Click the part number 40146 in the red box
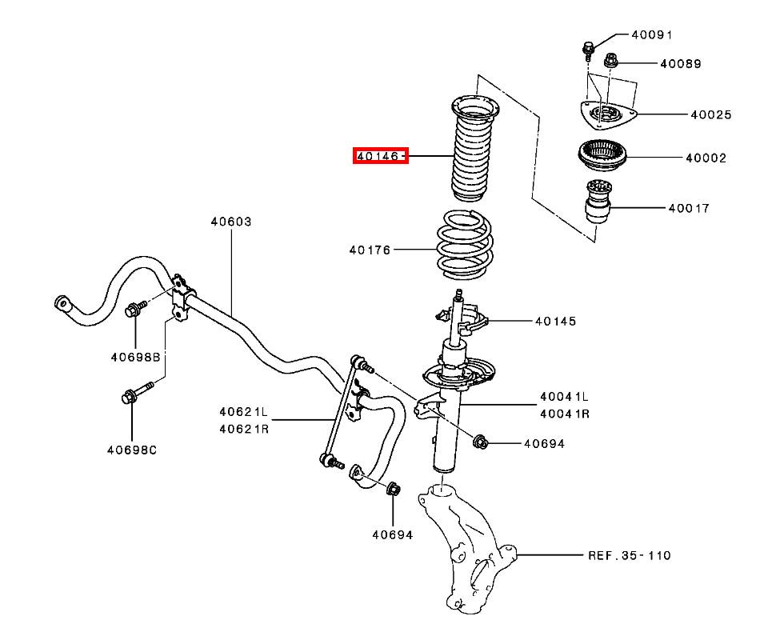click(378, 157)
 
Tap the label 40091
click(652, 35)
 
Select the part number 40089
click(681, 64)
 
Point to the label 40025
click(711, 115)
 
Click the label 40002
click(706, 158)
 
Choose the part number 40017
click(689, 208)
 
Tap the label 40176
click(370, 250)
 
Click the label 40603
click(231, 221)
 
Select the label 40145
click(555, 321)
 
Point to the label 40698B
click(135, 357)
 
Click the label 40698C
click(132, 450)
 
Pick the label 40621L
click(243, 412)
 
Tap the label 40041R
click(565, 414)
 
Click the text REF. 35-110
click(629, 555)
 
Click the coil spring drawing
click(465, 244)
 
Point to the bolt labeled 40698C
click(138, 393)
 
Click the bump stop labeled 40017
click(598, 202)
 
